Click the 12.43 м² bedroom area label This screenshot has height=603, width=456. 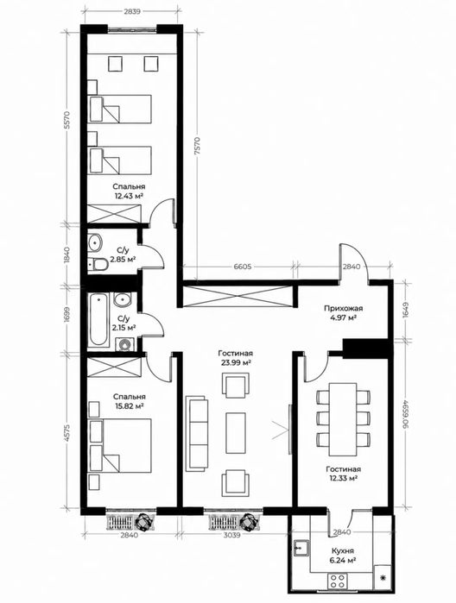(129, 196)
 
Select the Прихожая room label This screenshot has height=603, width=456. (343, 308)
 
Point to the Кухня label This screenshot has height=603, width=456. (342, 550)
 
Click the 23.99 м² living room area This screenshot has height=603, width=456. (235, 362)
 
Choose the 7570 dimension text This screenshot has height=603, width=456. (199, 146)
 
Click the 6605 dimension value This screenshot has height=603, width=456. (242, 267)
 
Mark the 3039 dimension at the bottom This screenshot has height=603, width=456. (231, 535)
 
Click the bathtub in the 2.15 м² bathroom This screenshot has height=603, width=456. (98, 319)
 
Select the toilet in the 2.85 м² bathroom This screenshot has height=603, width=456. (98, 265)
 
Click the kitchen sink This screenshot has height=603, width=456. (301, 548)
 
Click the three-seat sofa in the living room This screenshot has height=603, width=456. (197, 434)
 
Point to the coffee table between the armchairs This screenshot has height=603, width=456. (235, 433)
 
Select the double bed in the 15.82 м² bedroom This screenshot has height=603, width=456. (120, 445)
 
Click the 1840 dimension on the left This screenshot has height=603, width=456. (66, 254)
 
